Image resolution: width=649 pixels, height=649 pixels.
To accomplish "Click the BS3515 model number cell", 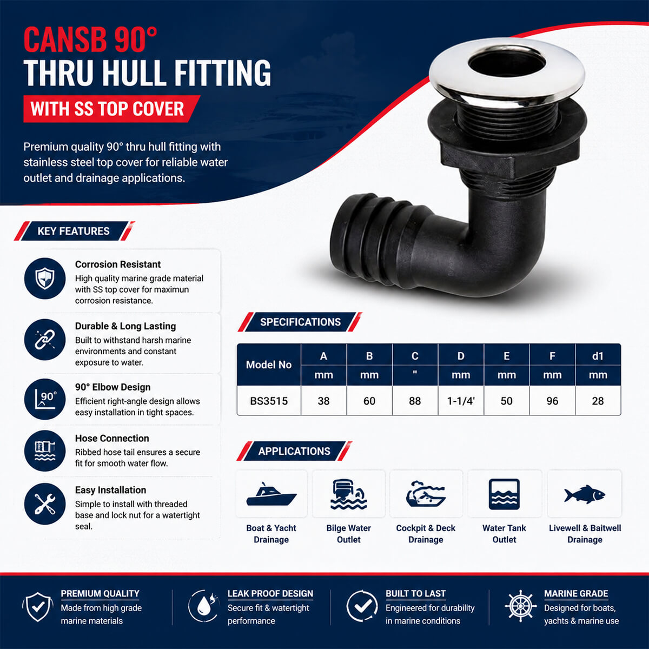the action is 269,401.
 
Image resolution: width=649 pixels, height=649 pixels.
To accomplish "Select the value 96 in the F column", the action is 552,401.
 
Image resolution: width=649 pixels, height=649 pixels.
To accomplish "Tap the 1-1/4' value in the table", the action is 461,401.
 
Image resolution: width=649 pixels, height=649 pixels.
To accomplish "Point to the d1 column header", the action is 598,356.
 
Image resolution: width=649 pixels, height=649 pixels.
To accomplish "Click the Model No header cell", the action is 269,365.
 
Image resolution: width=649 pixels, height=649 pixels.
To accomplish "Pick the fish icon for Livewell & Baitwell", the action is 585,494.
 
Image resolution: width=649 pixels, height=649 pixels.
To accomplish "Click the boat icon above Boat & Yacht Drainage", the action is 271,494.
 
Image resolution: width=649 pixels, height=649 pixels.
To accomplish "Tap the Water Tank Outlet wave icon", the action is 504,494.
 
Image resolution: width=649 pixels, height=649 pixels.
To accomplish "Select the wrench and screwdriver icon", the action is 45,504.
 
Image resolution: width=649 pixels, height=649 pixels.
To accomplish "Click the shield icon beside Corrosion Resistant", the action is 45,279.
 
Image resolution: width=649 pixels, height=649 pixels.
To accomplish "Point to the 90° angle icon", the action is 45,399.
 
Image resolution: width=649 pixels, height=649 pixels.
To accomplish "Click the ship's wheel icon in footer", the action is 520,606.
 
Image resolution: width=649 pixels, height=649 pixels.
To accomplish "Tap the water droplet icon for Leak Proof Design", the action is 204,606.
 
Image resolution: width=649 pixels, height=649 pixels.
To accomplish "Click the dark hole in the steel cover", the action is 507,64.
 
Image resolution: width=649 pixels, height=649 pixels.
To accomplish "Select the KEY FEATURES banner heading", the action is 74,231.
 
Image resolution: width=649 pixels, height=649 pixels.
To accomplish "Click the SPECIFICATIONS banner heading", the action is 300,322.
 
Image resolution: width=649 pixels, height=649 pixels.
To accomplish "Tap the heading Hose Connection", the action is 112,438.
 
